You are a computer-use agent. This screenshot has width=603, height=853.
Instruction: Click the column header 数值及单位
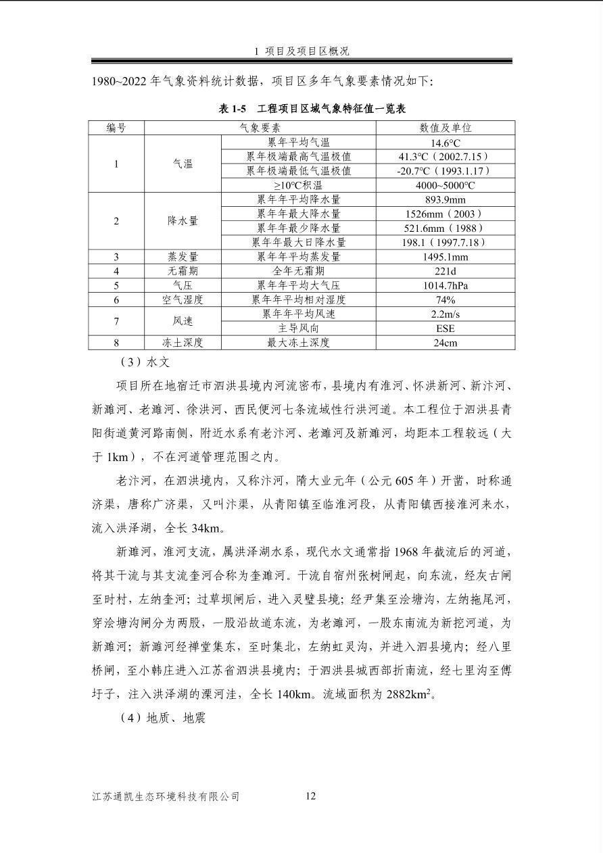pyautogui.click(x=445, y=128)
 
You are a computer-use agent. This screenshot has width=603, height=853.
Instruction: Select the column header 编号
pyautogui.click(x=116, y=128)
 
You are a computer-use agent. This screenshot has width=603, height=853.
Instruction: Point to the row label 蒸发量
pyautogui.click(x=183, y=257)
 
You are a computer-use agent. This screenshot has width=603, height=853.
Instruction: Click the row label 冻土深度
pyautogui.click(x=183, y=343)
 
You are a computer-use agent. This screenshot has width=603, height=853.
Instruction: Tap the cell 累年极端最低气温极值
pyautogui.click(x=299, y=171)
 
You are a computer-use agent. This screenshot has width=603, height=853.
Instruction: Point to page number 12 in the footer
pyautogui.click(x=310, y=796)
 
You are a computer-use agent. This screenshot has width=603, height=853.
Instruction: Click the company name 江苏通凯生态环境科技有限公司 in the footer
pyautogui.click(x=166, y=797)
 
